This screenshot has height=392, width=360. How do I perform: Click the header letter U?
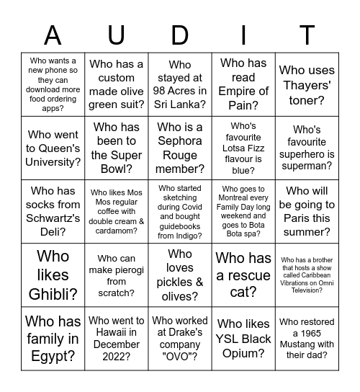pos(117,35)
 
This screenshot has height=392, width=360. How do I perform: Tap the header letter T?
pos(307,35)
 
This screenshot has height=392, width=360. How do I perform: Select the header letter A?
pos(53,35)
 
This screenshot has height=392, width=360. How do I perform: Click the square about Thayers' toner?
pos(307,85)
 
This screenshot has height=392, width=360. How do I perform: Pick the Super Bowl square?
pos(117,148)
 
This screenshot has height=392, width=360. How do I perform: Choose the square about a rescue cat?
pos(243,275)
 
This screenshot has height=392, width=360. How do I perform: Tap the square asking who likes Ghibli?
pos(53,275)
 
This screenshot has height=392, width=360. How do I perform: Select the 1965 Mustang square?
pos(307,338)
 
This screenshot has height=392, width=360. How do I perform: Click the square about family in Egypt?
pos(53,338)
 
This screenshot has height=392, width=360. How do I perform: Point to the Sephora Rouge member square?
pos(180,148)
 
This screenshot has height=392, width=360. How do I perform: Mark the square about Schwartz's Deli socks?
pos(53,211)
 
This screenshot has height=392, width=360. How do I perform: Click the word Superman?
pos(307,165)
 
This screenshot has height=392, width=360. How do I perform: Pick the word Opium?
pos(243,353)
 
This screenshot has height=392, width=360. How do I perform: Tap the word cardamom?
pos(117,231)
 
